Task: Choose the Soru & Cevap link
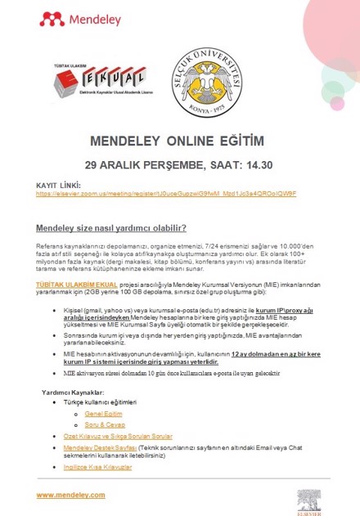pyautogui.click(x=103, y=425)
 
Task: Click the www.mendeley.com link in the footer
pyautogui.click(x=70, y=496)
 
